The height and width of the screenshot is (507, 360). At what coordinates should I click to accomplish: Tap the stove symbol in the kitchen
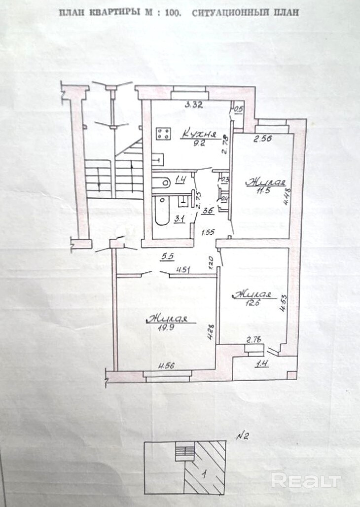[164, 133]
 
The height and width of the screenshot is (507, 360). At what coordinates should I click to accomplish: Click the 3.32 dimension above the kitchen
[194, 105]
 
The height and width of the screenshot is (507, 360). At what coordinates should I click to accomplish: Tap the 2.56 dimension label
[263, 140]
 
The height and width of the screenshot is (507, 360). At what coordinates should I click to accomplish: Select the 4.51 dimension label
[183, 270]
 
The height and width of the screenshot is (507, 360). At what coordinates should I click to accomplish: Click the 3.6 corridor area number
[194, 212]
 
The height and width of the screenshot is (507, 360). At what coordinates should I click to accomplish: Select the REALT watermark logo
[306, 480]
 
